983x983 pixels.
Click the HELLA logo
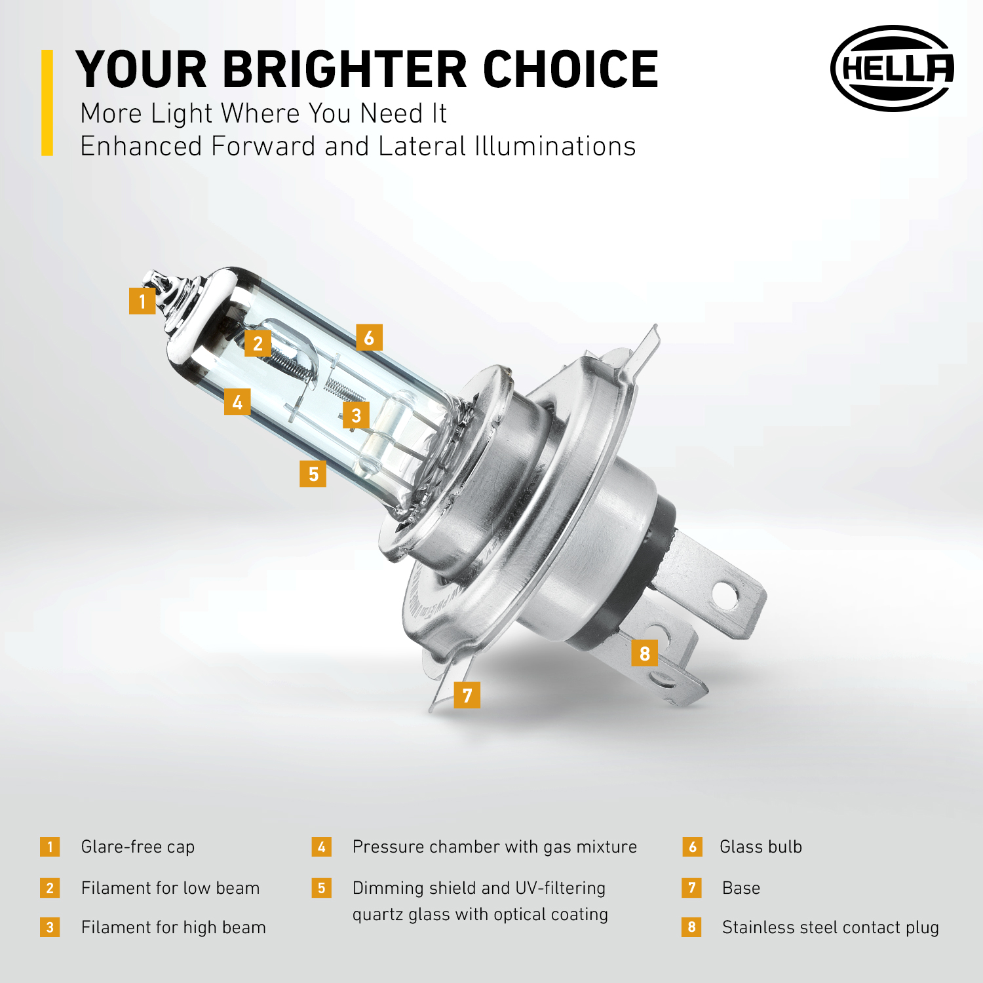892,68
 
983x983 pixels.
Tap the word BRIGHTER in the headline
345,69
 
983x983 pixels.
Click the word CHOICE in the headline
571,69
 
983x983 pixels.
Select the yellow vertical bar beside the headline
47,103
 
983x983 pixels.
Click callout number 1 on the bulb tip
142,301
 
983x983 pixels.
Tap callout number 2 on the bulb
258,343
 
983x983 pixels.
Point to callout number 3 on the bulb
356,415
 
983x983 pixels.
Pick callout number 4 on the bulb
237,402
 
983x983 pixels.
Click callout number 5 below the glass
313,473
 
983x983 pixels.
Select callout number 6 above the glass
369,337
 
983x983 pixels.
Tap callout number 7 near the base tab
467,695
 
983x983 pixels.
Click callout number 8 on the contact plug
645,653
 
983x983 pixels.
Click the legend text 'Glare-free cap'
138,847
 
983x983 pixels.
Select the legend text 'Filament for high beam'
174,927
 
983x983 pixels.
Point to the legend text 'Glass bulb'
761,847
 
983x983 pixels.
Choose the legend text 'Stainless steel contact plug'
830,927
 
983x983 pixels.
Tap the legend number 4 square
321,847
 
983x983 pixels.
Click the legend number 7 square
692,888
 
